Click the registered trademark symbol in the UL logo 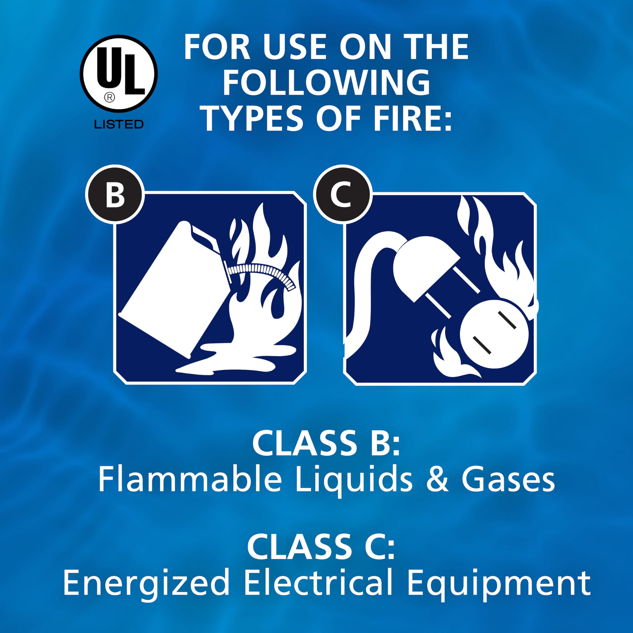pyautogui.click(x=109, y=97)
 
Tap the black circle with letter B pyautogui.click(x=115, y=195)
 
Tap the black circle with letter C pyautogui.click(x=342, y=195)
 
